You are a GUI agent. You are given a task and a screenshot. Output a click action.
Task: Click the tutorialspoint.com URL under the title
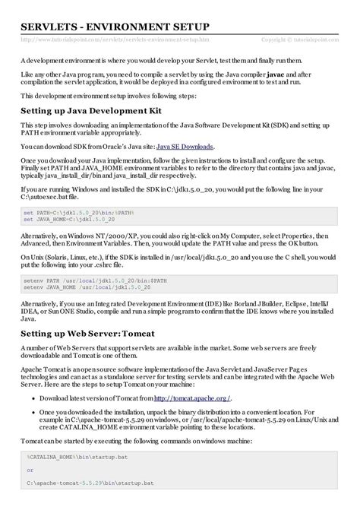(115, 38)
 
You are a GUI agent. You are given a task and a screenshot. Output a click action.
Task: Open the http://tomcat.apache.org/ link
(192, 398)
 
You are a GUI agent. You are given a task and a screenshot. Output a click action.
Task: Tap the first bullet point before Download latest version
(33, 398)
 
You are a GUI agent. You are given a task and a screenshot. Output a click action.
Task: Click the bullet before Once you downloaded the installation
(33, 411)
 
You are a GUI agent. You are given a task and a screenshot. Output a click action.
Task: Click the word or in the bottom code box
(30, 470)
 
